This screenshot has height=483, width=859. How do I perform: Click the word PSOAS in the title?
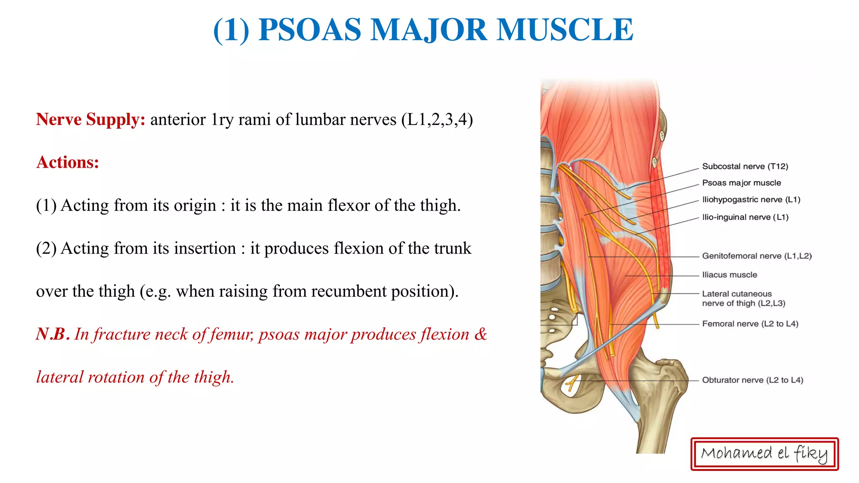pos(310,30)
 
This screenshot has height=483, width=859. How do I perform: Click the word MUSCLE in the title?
pos(565,30)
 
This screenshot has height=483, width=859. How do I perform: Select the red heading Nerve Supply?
pos(91,119)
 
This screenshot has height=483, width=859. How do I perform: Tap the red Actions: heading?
pos(68,162)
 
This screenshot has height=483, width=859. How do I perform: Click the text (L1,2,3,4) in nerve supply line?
pos(437,119)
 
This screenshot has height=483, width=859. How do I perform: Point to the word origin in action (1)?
pos(195,205)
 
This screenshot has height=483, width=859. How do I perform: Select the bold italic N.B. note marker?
pos(52,334)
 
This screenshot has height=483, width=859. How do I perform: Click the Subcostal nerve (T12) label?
pos(745,166)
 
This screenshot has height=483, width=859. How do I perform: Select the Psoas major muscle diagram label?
pos(741,183)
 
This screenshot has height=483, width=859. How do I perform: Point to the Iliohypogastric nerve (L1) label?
pos(751,200)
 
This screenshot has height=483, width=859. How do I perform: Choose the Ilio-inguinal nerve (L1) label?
pos(745,217)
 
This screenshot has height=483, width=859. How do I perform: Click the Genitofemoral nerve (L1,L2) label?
pos(757,256)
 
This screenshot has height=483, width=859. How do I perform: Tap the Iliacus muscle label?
pos(729,275)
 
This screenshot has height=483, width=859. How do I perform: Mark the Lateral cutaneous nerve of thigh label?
pos(743,298)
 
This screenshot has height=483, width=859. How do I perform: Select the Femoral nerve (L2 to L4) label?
pos(750,324)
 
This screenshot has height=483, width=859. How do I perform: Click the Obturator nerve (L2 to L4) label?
pos(752,380)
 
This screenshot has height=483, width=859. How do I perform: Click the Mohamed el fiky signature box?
pos(764,454)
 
